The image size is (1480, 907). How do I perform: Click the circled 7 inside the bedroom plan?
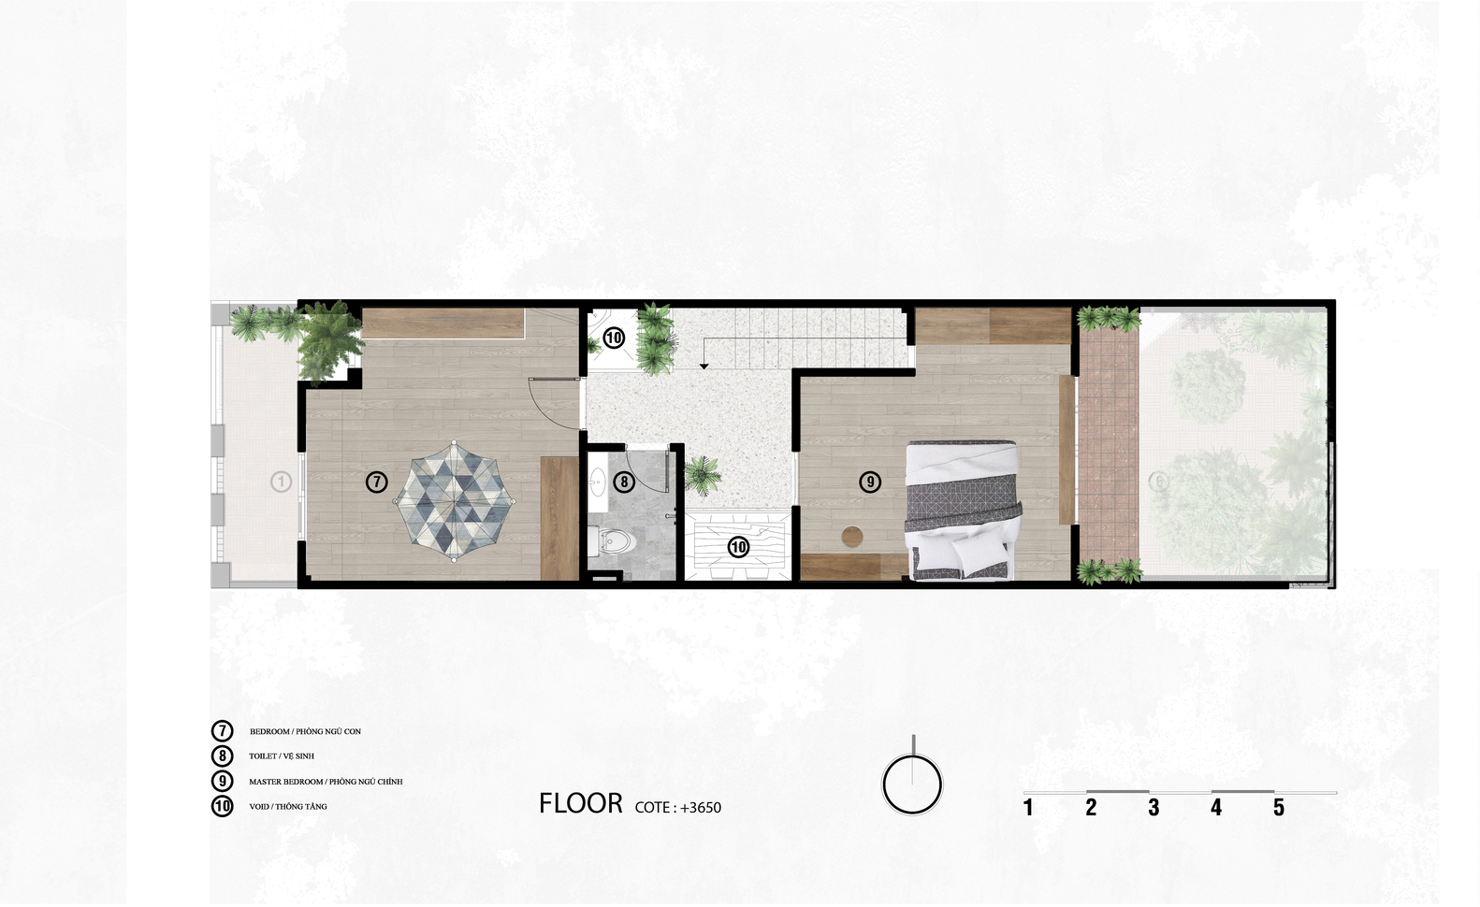(377, 482)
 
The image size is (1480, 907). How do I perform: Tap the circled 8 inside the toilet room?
(624, 482)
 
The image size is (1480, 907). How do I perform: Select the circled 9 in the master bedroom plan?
(869, 482)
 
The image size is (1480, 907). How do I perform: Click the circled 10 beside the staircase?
(614, 338)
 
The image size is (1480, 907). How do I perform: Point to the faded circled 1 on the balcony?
(281, 482)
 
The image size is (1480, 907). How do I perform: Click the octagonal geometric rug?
(454, 501)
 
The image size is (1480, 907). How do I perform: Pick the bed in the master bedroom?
(963, 511)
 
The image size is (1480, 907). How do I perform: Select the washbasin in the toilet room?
(598, 482)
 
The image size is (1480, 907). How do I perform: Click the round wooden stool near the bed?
(851, 537)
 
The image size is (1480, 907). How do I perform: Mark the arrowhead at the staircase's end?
(704, 366)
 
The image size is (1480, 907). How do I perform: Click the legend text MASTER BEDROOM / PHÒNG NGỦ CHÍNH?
(326, 782)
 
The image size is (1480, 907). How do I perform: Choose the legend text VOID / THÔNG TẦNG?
(288, 807)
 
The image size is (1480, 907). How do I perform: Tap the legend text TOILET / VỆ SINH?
(282, 756)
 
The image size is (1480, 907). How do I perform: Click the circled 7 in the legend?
(222, 730)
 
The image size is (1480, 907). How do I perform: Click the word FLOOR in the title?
(581, 803)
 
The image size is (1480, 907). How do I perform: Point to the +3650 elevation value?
(701, 807)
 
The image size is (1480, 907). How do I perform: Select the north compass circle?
(912, 785)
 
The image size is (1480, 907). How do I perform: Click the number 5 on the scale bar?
(1279, 807)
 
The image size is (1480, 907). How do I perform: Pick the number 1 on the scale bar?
(1028, 807)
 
